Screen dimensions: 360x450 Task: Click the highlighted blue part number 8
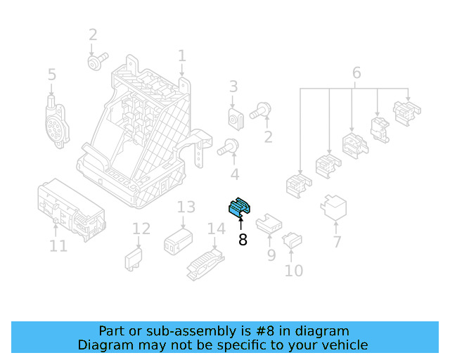click(x=240, y=207)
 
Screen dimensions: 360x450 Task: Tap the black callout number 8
click(x=243, y=240)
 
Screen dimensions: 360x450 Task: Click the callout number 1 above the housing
click(x=182, y=56)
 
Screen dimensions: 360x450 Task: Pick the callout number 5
click(x=52, y=75)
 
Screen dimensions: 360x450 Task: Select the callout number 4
click(x=234, y=174)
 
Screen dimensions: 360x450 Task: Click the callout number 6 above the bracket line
click(x=356, y=72)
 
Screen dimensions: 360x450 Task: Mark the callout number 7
click(x=337, y=242)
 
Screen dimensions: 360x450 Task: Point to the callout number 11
click(x=58, y=245)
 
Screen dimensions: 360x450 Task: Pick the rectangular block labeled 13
click(x=179, y=243)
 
